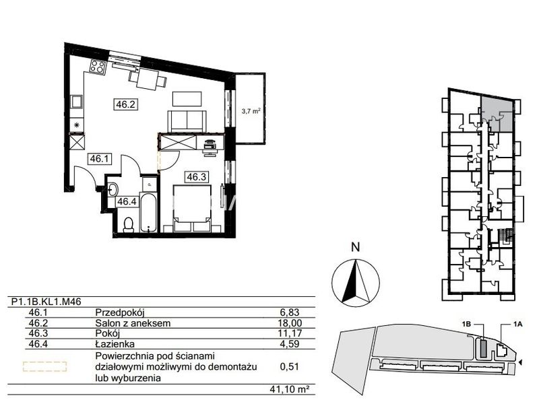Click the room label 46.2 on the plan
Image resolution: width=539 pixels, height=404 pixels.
[x=125, y=104]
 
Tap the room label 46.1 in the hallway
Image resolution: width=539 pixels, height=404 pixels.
[x=99, y=159]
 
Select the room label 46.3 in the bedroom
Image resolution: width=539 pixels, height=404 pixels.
[x=197, y=177]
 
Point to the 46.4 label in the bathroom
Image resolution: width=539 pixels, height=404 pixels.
[x=127, y=201]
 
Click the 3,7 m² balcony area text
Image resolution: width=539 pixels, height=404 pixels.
[x=251, y=111]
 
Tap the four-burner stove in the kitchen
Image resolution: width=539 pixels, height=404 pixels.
[x=97, y=66]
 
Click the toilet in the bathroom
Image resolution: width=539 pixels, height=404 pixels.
[x=129, y=225]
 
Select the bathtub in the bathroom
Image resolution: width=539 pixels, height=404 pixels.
[x=148, y=213]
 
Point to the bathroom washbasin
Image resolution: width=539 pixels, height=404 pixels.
[x=113, y=189]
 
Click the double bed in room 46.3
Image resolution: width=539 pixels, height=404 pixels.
[x=192, y=208]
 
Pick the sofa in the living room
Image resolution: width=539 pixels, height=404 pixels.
[x=187, y=121]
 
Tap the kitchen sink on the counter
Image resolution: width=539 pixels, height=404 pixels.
[x=76, y=102]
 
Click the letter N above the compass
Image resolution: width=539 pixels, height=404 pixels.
[x=356, y=247]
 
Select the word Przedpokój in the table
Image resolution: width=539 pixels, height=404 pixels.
[x=120, y=312]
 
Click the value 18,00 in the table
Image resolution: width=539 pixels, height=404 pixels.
[x=290, y=323]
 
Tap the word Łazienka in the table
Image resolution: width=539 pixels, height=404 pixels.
[x=115, y=343]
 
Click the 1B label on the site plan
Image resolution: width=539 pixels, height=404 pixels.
[x=466, y=324]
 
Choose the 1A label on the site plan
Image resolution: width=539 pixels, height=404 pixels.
[x=518, y=324]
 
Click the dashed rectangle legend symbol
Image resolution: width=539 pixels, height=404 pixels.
[x=44, y=366]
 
